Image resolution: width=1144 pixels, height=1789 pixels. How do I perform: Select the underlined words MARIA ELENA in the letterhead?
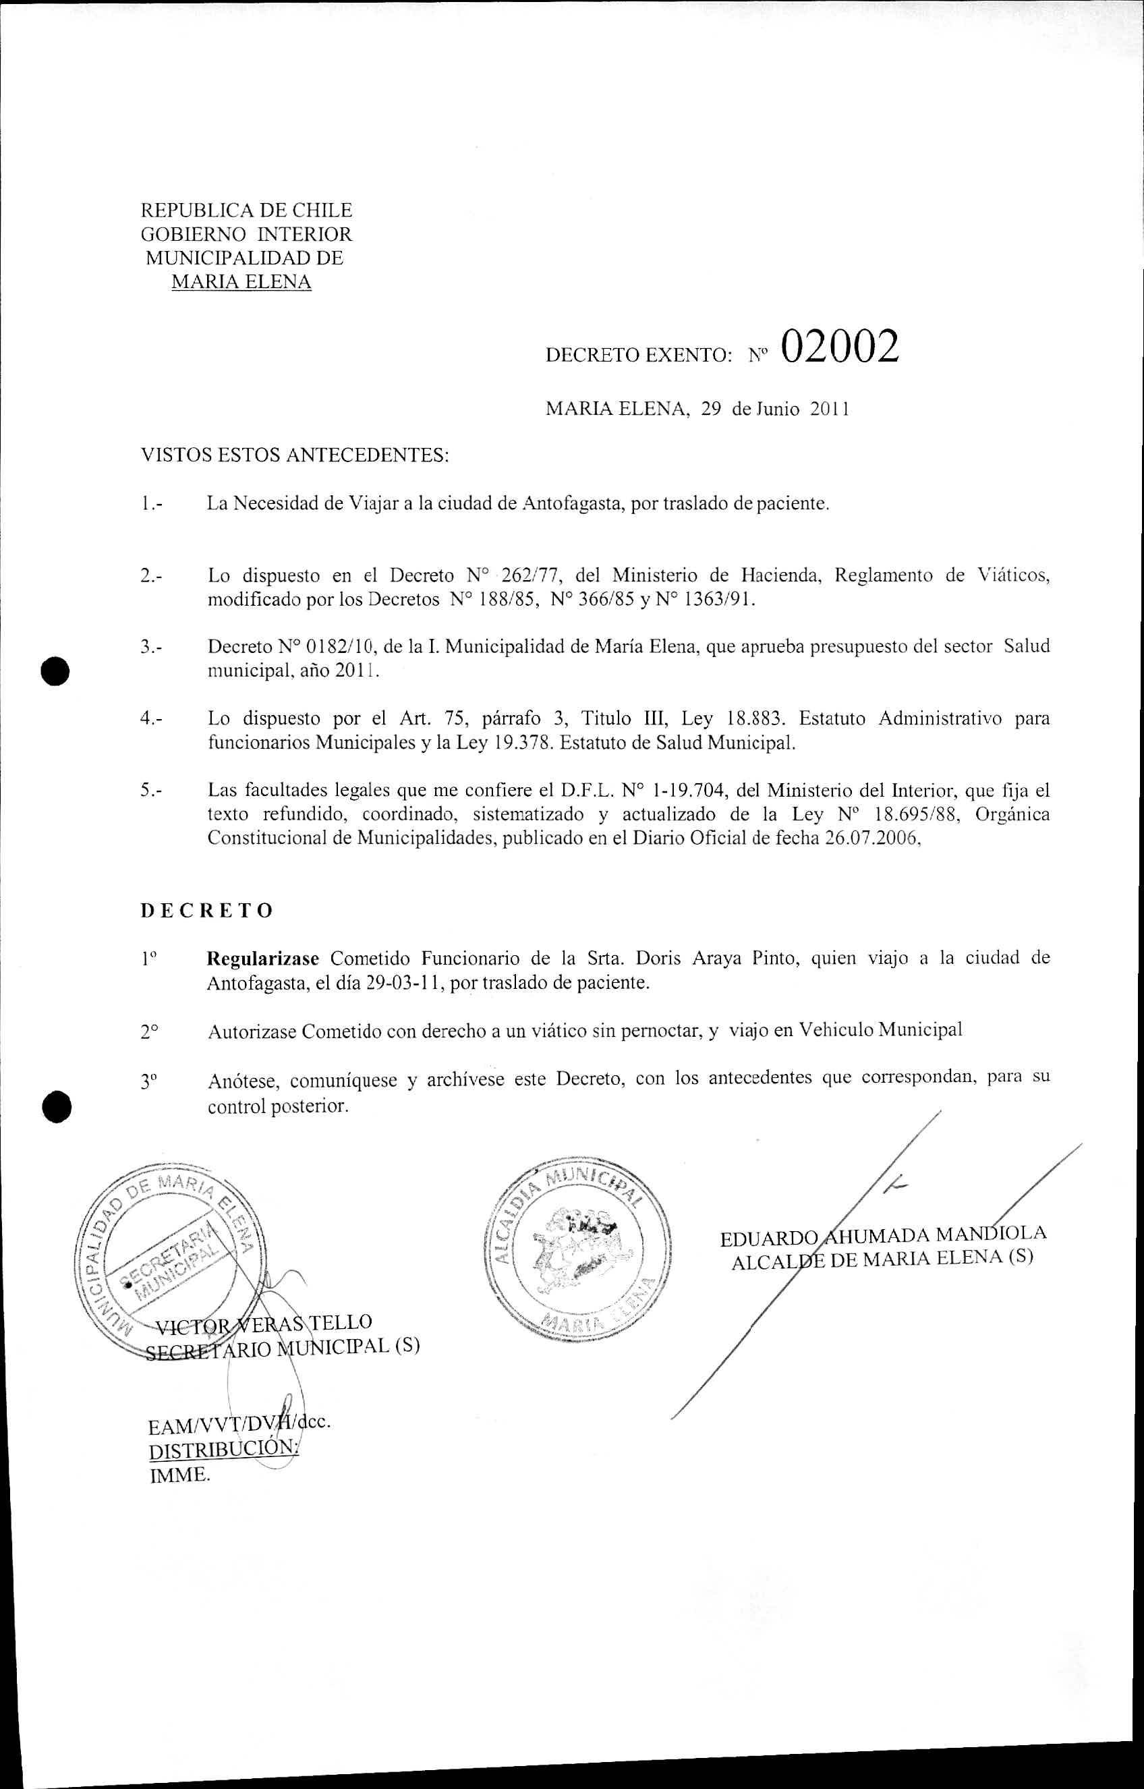(241, 283)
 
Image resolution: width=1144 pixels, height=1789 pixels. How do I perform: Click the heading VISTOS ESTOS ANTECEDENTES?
(295, 455)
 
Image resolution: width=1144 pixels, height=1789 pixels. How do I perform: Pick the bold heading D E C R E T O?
(206, 911)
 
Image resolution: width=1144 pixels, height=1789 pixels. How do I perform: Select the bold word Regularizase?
(263, 959)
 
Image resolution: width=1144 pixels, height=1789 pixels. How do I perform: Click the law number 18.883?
(755, 718)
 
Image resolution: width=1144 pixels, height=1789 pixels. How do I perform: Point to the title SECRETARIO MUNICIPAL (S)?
(282, 1348)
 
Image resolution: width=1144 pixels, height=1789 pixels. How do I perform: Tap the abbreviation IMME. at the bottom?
(180, 1475)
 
